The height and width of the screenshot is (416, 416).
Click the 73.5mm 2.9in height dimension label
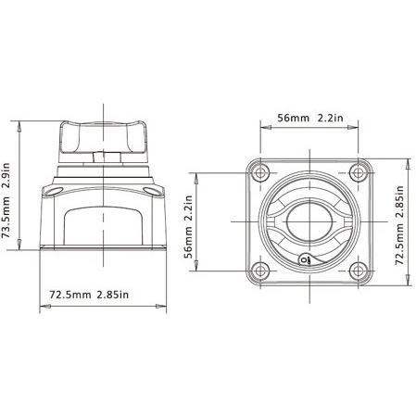tap(6, 200)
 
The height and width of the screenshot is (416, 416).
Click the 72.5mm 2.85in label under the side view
tap(89, 295)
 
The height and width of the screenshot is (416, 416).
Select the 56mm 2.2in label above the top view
tap(310, 118)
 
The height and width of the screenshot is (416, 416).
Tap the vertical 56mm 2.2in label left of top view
tap(188, 227)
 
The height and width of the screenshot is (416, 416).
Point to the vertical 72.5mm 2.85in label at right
tap(400, 225)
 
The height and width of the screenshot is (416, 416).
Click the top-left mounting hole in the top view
tap(260, 172)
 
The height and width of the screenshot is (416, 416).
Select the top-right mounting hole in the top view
tap(359, 172)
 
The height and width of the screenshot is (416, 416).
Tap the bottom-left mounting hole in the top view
tap(260, 271)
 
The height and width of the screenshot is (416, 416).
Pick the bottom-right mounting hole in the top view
tap(359, 271)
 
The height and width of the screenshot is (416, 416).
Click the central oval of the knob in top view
tap(309, 221)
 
